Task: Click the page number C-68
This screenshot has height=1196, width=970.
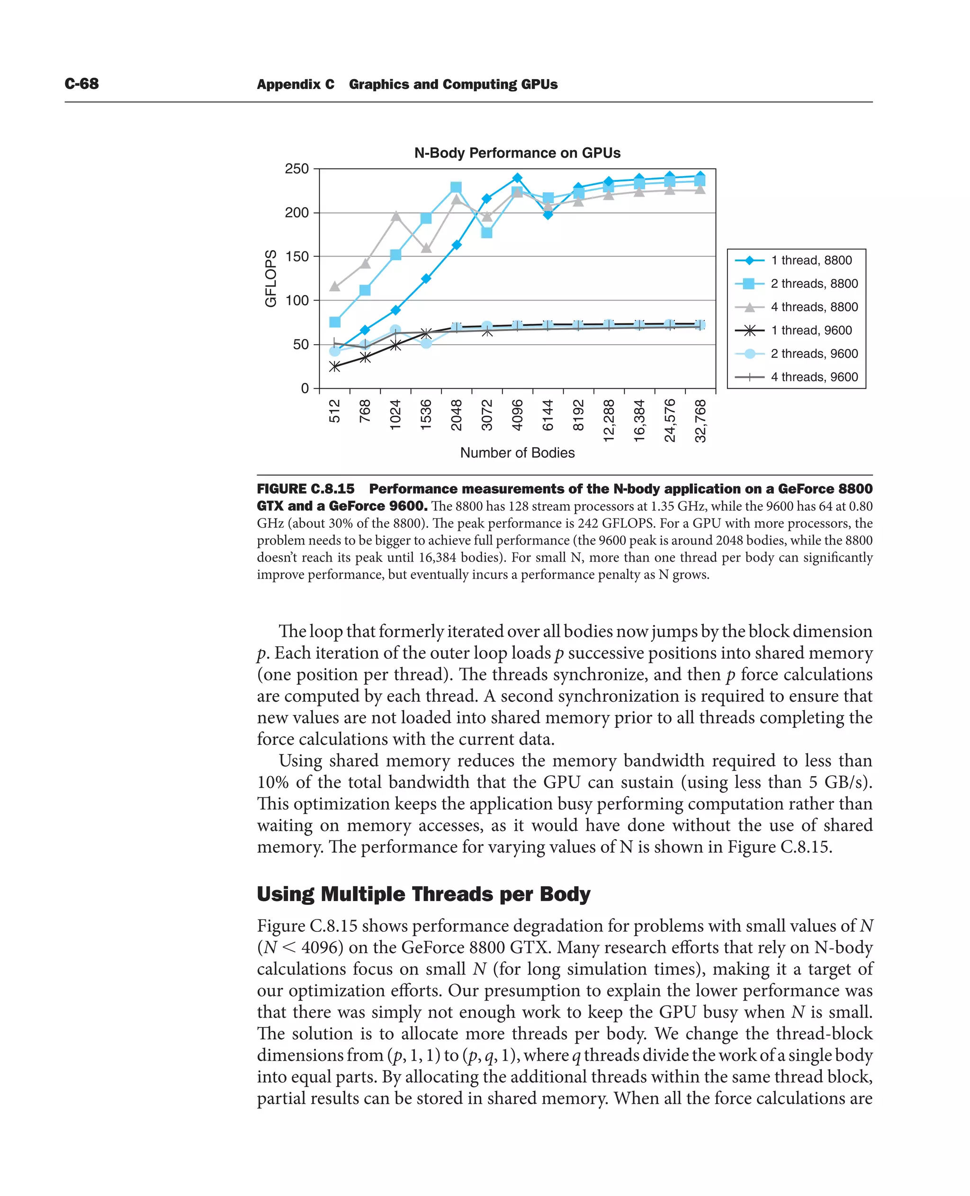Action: coord(81,84)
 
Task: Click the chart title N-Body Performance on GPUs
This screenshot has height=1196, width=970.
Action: coord(517,153)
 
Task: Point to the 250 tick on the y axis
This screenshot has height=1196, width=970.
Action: coord(296,169)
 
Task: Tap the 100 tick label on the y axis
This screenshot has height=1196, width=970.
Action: coord(296,301)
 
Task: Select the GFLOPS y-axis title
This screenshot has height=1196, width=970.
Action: coord(270,278)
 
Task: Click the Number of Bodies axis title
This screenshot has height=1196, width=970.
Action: coord(517,453)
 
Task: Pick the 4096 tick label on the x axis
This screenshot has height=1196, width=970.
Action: coord(517,415)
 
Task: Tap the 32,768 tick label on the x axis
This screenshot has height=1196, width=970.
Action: coord(700,420)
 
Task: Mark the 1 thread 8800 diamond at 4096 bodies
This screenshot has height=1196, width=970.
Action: coord(517,178)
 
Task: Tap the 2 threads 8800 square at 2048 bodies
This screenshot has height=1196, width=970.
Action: coord(456,187)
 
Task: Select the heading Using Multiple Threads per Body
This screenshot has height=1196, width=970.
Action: coord(423,894)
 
